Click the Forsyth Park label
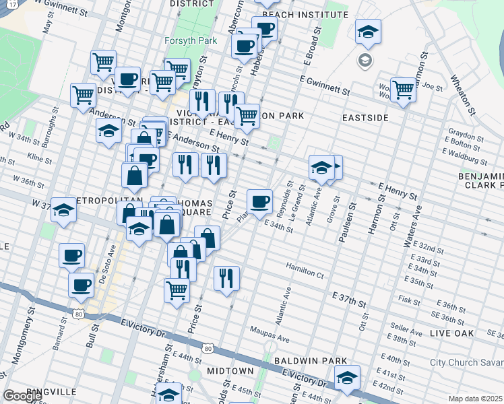tap(191, 40)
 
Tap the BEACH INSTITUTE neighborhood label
tap(305, 14)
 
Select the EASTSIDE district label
tap(365, 117)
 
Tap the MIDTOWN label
tap(230, 371)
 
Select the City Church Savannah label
tap(466, 362)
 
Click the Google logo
tap(22, 396)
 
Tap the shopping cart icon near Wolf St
tap(403, 90)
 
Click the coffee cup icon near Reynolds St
tap(259, 201)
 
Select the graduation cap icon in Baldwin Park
tap(348, 377)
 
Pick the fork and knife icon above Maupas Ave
tap(226, 277)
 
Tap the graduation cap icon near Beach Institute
tap(368, 32)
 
